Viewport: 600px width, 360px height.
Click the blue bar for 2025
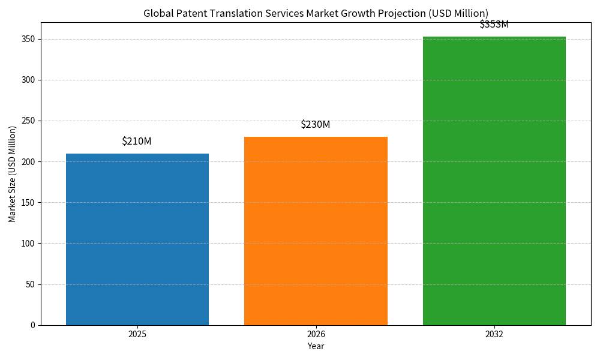click(x=137, y=239)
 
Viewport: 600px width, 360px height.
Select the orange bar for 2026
click(x=316, y=231)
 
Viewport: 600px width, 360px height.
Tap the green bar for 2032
click(x=494, y=181)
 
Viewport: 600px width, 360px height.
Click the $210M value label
click(x=137, y=142)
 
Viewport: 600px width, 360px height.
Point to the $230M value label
click(x=316, y=125)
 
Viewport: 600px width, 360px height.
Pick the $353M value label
click(x=494, y=25)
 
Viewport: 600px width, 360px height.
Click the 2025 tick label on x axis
click(x=137, y=334)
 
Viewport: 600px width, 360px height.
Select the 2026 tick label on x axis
click(x=316, y=334)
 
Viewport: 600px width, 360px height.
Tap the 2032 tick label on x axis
click(x=494, y=334)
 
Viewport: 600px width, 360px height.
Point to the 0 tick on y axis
click(x=32, y=325)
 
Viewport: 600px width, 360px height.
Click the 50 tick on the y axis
click(x=30, y=284)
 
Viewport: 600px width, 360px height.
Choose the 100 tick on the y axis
click(x=28, y=244)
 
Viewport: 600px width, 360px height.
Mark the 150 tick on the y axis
click(x=28, y=203)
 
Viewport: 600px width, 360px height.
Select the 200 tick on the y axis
click(x=28, y=162)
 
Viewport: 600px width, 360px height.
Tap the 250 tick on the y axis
click(x=28, y=121)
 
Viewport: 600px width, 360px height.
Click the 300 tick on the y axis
click(x=28, y=80)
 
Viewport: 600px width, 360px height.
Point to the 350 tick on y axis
click(x=28, y=39)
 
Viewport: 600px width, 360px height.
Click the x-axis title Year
click(x=316, y=346)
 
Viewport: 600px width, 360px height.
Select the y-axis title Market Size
click(x=13, y=174)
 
